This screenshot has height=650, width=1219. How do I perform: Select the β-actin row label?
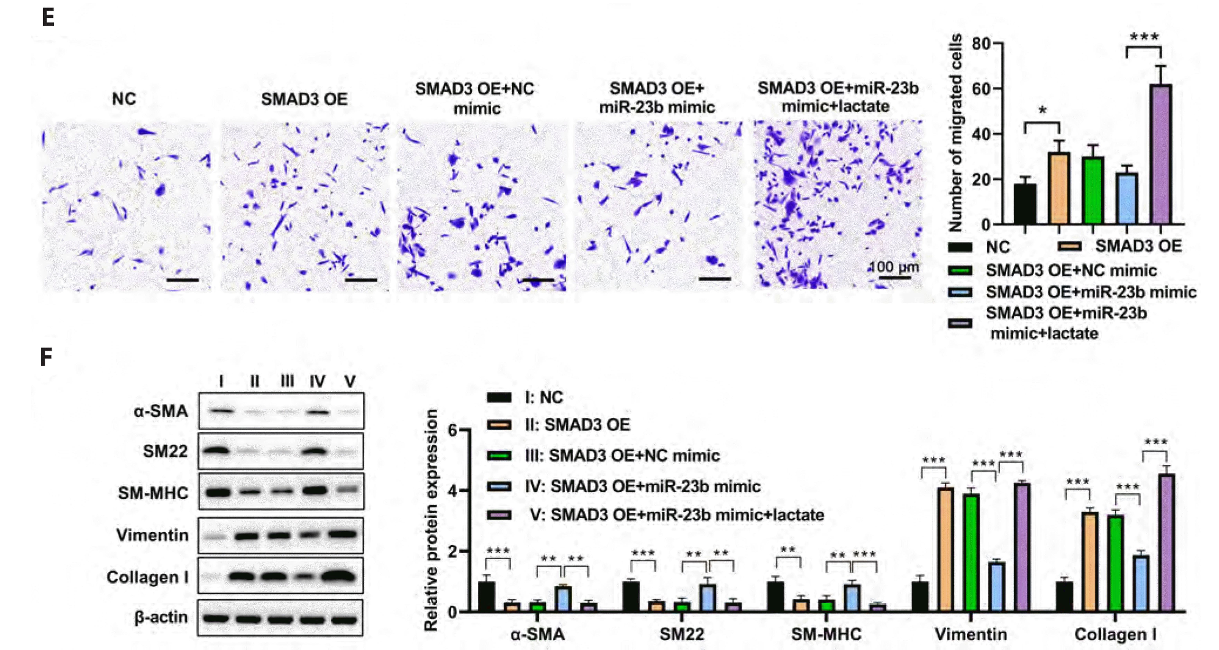(x=161, y=617)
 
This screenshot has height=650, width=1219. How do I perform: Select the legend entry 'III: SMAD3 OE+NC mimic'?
(x=622, y=455)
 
